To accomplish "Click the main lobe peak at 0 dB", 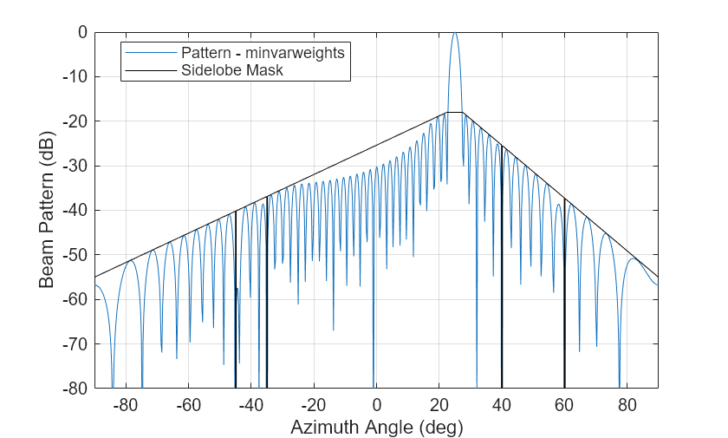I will pyautogui.click(x=454, y=33).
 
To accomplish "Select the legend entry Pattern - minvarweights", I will pyautogui.click(x=263, y=53).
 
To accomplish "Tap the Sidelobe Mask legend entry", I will pyautogui.click(x=232, y=70).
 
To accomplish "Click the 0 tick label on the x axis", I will pyautogui.click(x=376, y=404).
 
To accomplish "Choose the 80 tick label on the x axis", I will pyautogui.click(x=627, y=404).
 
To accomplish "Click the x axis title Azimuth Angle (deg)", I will pyautogui.click(x=376, y=427).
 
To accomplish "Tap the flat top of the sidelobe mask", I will pyautogui.click(x=454, y=113).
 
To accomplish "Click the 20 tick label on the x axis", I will pyautogui.click(x=439, y=404).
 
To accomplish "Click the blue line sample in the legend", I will pyautogui.click(x=150, y=53).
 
